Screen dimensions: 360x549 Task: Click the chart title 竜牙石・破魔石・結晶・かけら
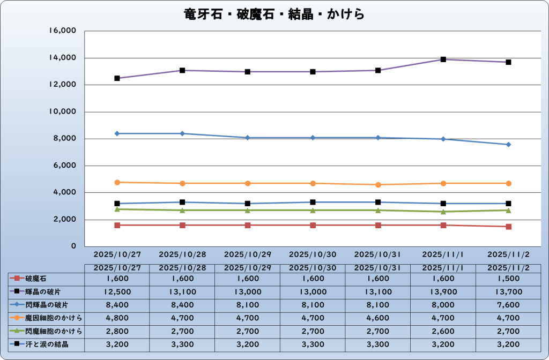click(274, 14)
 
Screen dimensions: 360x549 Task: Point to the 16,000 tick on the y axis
click(63, 31)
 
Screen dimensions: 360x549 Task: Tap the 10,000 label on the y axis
click(63, 112)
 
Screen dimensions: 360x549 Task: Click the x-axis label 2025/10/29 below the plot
click(248, 254)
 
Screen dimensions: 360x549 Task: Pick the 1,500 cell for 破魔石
click(508, 279)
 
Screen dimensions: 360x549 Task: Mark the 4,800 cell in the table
click(117, 318)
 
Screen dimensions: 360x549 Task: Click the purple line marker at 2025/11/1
click(443, 59)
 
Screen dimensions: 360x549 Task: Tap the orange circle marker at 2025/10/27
click(117, 182)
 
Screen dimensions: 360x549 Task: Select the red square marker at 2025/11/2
click(508, 227)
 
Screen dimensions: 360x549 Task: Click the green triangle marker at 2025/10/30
click(313, 210)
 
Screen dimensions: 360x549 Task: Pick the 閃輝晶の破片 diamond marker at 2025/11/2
click(508, 145)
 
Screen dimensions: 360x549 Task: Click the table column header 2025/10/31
click(378, 267)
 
